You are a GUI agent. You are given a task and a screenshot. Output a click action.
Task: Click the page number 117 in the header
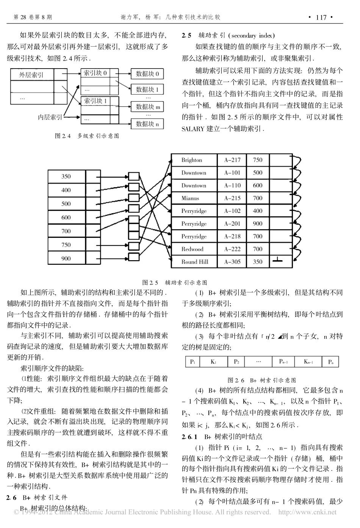[321, 17]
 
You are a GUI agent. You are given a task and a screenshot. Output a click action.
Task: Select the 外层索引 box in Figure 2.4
[32, 75]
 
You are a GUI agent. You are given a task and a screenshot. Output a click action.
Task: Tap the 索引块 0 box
[95, 73]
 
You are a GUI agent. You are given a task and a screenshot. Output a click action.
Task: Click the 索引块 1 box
[95, 101]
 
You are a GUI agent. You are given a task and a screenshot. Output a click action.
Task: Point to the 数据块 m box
[147, 107]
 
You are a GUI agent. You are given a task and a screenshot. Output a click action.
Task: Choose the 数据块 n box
[147, 123]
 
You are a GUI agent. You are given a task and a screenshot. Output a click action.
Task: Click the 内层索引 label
[50, 117]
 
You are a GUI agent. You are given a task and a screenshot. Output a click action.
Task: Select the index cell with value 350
[66, 177]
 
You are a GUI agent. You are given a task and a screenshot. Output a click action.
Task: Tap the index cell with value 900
[66, 258]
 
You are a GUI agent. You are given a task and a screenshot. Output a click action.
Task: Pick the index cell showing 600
[66, 217]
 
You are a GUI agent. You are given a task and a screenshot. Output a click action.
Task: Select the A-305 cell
[232, 262]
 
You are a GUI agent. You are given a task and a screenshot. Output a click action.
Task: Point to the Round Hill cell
[194, 262]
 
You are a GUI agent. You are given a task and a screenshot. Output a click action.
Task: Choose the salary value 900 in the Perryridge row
[258, 223]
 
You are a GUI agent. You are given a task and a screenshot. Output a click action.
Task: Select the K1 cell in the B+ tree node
[213, 362]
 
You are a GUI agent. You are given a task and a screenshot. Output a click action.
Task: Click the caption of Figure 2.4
[87, 136]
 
